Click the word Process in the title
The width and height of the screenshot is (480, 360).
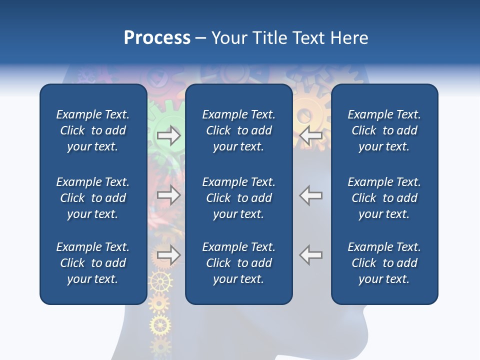(x=157, y=38)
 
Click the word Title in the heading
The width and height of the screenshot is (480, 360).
(x=270, y=38)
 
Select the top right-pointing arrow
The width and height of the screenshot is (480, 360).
(x=168, y=135)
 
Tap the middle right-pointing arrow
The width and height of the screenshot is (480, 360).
(x=168, y=195)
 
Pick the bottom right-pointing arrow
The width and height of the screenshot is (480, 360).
(x=168, y=255)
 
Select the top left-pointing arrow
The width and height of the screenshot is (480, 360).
(x=311, y=135)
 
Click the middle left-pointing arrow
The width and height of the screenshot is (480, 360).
(x=311, y=195)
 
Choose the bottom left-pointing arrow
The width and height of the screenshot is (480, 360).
(x=311, y=255)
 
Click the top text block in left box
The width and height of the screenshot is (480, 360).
(x=93, y=130)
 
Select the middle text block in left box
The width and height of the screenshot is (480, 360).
(x=93, y=198)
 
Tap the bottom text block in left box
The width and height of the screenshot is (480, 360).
(x=93, y=263)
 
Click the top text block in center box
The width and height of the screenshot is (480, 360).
(x=238, y=130)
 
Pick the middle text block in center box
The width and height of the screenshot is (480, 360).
(x=238, y=198)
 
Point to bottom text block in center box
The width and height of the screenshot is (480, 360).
(x=238, y=263)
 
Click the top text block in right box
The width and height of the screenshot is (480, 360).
(x=384, y=130)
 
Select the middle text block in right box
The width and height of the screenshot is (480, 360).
(x=384, y=198)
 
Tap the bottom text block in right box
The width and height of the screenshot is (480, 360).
(x=384, y=263)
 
